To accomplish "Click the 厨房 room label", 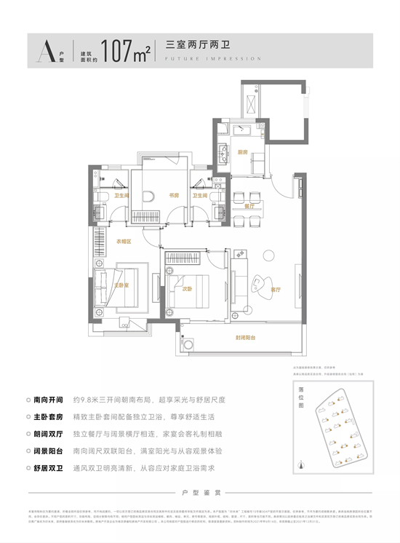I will tap(242, 152).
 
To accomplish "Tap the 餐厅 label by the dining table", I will tap(248, 206).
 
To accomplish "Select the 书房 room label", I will tap(175, 195).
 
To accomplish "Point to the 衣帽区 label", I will tap(123, 241).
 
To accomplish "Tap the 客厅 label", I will tap(276, 289).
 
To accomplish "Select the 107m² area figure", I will tap(127, 52).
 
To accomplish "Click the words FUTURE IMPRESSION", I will tap(213, 59).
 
